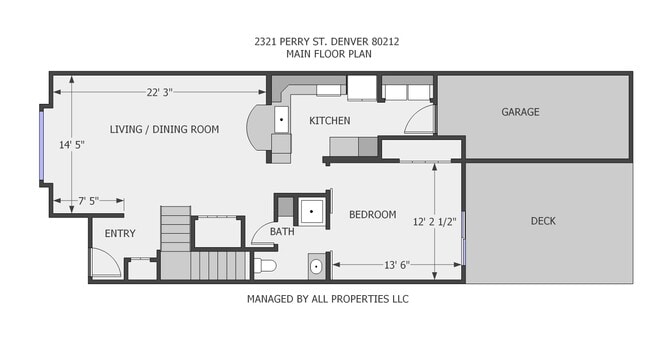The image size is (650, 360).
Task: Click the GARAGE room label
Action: (x=520, y=112)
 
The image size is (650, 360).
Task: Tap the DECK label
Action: (x=542, y=221)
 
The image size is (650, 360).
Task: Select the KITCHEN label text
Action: (x=329, y=121)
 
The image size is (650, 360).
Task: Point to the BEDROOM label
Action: (x=372, y=215)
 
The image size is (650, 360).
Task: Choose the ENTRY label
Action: (x=119, y=234)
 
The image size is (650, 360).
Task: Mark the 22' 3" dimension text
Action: (x=159, y=92)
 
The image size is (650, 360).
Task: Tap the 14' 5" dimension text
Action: (x=71, y=145)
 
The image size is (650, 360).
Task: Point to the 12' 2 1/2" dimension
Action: (x=434, y=221)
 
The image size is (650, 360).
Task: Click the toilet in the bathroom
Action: (x=266, y=266)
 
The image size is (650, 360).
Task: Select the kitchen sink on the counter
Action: (x=281, y=120)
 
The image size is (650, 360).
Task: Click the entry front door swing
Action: (x=103, y=263)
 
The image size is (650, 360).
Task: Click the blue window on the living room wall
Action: (x=42, y=145)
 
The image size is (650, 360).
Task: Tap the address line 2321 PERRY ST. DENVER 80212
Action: (x=326, y=41)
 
